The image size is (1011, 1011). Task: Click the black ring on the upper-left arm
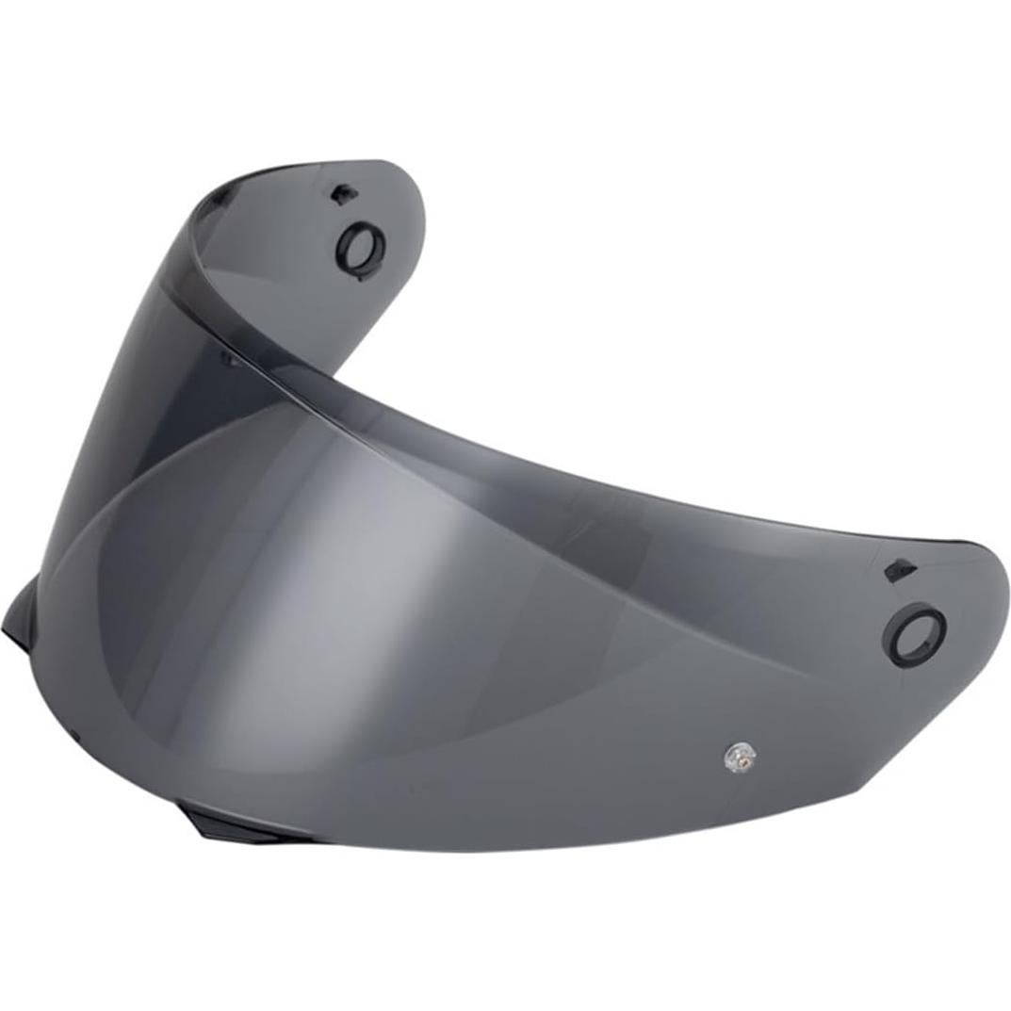pyautogui.click(x=361, y=250)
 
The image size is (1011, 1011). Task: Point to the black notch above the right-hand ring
pyautogui.click(x=898, y=570)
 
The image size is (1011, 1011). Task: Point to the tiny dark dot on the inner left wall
pyautogui.click(x=223, y=357)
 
